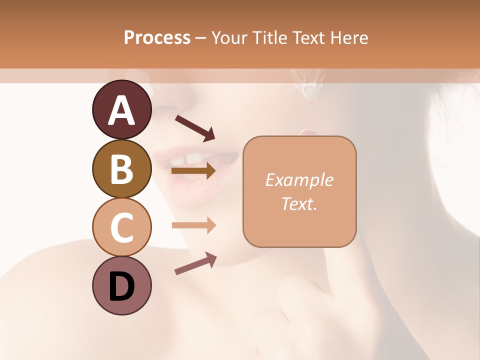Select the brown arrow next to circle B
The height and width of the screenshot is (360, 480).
point(193,171)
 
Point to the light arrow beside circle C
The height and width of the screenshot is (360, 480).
point(193,225)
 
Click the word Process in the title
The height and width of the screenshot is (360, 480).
point(157,37)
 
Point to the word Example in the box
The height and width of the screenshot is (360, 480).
point(299,180)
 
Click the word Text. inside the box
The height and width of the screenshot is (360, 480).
point(299,203)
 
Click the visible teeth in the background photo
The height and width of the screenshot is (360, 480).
point(187,159)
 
